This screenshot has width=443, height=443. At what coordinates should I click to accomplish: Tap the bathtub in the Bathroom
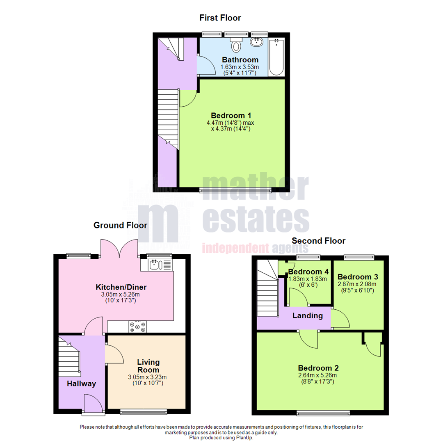click(x=277, y=57)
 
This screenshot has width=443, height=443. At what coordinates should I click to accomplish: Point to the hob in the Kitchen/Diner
click(x=137, y=326)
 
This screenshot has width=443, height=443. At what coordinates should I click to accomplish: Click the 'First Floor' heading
click(x=220, y=18)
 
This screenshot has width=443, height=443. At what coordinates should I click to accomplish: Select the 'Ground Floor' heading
click(x=120, y=225)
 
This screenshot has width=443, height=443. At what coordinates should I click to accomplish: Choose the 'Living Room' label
click(x=148, y=366)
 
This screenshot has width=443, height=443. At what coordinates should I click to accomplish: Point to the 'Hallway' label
click(x=82, y=384)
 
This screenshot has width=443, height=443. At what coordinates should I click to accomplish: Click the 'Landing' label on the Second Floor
click(x=307, y=316)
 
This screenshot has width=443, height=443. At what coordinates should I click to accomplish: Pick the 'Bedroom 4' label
click(x=308, y=272)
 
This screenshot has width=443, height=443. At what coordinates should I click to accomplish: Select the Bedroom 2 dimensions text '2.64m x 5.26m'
click(x=318, y=375)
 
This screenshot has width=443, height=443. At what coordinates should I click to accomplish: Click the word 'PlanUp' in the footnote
click(x=245, y=438)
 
